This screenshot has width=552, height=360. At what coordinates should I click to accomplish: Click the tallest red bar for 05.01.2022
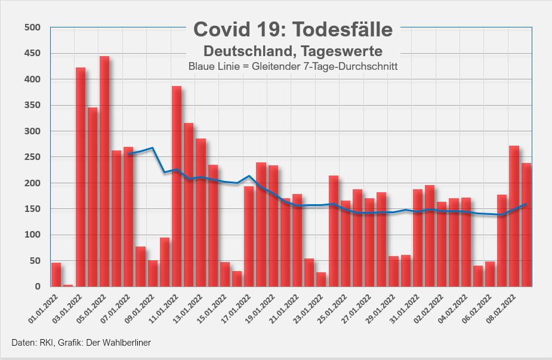coord(104,173)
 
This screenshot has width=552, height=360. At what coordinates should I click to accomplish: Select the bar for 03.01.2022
coord(81,179)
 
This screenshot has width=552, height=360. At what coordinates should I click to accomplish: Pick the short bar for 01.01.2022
coord(56,275)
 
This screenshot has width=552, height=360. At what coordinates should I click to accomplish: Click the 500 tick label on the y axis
coord(32,27)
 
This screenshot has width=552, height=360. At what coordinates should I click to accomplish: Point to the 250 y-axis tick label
coord(32,157)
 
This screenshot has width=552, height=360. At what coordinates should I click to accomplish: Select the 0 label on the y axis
coord(37,287)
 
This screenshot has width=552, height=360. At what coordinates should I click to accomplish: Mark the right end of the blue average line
coord(526,204)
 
